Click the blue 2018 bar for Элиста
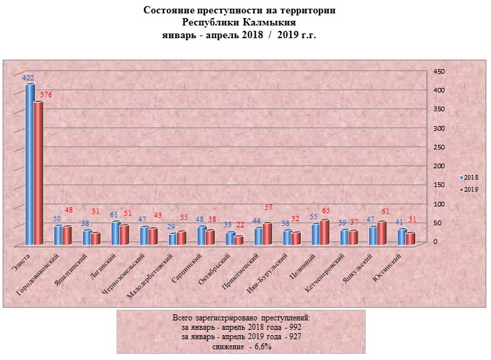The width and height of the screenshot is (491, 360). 30,164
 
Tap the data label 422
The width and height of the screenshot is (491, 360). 28,78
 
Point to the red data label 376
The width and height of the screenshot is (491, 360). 46,95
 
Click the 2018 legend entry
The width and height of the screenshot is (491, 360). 468,177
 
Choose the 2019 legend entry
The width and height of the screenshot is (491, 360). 468,190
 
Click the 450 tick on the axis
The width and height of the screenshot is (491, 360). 438,71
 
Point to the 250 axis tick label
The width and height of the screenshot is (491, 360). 438,147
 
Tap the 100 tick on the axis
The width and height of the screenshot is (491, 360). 438,204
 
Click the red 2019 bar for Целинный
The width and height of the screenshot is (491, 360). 325,231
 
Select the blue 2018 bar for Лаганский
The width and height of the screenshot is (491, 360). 116,232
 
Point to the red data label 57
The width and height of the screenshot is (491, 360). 269,208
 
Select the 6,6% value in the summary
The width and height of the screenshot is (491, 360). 259,345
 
